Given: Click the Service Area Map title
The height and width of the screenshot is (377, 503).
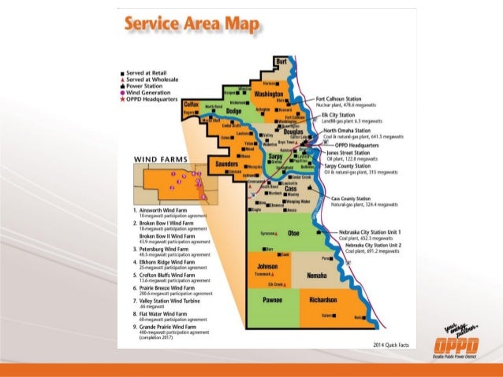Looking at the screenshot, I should tap(191, 26).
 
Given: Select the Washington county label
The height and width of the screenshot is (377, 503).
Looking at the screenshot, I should tap(270, 94).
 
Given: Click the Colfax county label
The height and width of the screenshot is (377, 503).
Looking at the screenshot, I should tap(190, 105).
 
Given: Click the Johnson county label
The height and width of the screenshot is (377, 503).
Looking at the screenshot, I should tap(267, 268).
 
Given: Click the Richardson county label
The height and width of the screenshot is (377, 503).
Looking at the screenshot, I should tap(322, 300).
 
